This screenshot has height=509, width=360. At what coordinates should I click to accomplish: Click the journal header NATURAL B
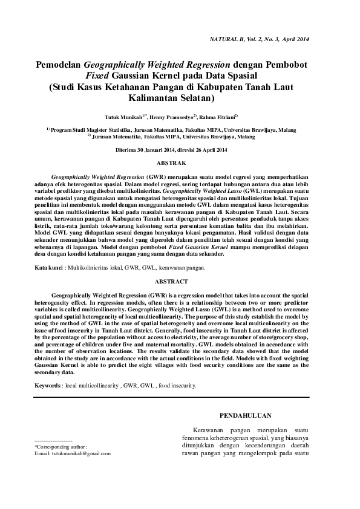coord(228,39)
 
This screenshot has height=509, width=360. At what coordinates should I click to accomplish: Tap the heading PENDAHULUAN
coord(244,415)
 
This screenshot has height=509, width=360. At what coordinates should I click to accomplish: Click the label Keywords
coord(48,384)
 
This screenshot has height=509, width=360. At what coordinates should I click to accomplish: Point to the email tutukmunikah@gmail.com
coord(73,453)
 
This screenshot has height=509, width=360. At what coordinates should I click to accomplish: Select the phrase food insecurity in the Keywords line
coord(177,384)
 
